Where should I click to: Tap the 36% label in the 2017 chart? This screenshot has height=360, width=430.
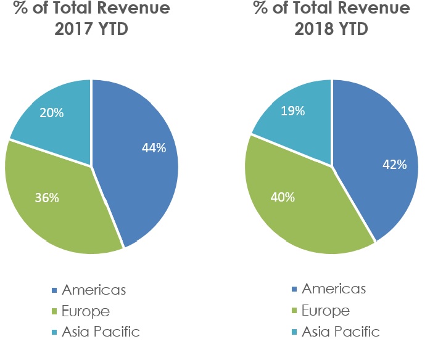(x=48, y=198)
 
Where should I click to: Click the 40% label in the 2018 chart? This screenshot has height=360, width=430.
(x=284, y=198)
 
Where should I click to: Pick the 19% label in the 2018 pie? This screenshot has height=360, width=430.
(x=292, y=111)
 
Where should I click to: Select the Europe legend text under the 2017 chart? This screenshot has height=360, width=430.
(x=87, y=311)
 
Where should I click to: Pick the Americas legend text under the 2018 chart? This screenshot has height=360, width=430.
(x=334, y=289)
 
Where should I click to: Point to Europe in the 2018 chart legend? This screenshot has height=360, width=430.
(x=326, y=310)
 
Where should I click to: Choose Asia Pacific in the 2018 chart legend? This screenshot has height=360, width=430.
(x=341, y=331)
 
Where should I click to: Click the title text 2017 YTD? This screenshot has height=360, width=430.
(x=91, y=29)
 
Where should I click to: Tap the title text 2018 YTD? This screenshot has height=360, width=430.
(x=332, y=29)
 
